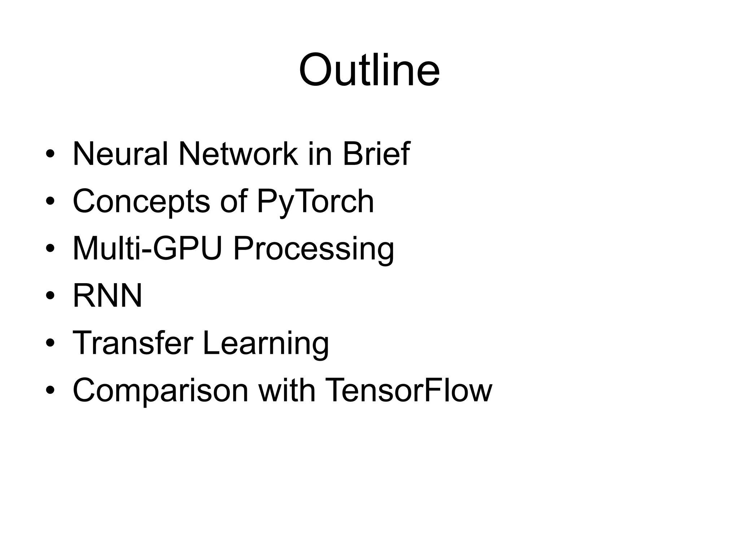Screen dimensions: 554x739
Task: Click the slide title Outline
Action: point(369,70)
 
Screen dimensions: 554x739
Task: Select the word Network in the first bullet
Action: point(238,154)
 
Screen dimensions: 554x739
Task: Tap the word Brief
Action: point(376,154)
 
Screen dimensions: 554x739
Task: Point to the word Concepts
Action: point(141,202)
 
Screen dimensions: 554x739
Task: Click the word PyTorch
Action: point(315,202)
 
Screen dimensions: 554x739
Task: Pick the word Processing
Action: point(314,250)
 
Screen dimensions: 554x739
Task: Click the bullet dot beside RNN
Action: point(50,296)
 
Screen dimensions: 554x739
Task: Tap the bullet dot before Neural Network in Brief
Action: point(50,154)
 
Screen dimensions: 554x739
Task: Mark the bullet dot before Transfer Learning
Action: point(50,343)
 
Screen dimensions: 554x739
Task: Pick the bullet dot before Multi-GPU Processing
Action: point(50,249)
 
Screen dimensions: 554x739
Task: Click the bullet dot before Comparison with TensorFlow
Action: point(50,390)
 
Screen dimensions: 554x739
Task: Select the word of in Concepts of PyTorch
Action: point(234,202)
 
